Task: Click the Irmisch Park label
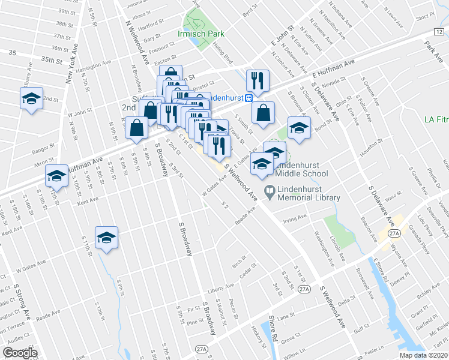click(200, 34)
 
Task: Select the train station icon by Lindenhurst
click(256, 97)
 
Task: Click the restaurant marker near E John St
click(258, 80)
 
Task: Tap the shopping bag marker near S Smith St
click(263, 113)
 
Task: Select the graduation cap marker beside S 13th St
click(56, 175)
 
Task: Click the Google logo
click(20, 353)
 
